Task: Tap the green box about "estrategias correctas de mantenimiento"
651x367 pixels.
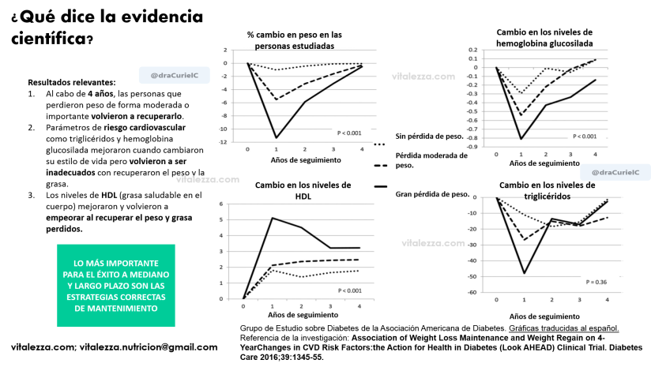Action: tap(116, 285)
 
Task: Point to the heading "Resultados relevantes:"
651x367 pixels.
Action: tap(71, 81)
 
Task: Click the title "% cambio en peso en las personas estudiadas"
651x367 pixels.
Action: tap(294, 40)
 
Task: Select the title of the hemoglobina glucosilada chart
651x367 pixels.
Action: tap(544, 37)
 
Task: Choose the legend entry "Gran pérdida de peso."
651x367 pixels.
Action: tap(432, 193)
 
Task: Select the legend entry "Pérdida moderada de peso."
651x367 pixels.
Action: tap(431, 160)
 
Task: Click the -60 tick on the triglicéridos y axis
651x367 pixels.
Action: tap(472, 293)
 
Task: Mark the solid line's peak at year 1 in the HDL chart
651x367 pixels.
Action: tap(272, 218)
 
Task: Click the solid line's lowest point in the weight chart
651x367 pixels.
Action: tap(276, 138)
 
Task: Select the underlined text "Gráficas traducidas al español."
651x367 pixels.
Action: tap(564, 328)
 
